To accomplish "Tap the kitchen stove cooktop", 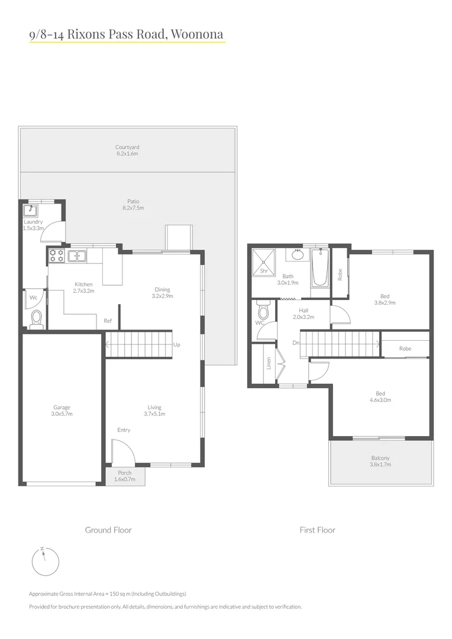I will click(x=56, y=256).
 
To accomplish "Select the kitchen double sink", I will click(x=77, y=256).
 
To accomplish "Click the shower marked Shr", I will click(x=264, y=262).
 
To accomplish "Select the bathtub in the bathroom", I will click(x=319, y=267).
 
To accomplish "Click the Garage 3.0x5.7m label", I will click(x=62, y=411).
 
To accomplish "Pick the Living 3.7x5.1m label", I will click(x=154, y=411).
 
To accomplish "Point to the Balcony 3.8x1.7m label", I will click(x=380, y=461).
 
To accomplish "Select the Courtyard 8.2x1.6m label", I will click(x=127, y=150).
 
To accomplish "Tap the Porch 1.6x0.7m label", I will click(x=125, y=476).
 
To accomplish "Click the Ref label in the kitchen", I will click(x=108, y=321).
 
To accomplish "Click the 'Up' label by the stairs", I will click(x=177, y=344).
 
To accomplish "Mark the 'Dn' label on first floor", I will click(x=295, y=343).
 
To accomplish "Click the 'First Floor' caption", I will click(x=317, y=530).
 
